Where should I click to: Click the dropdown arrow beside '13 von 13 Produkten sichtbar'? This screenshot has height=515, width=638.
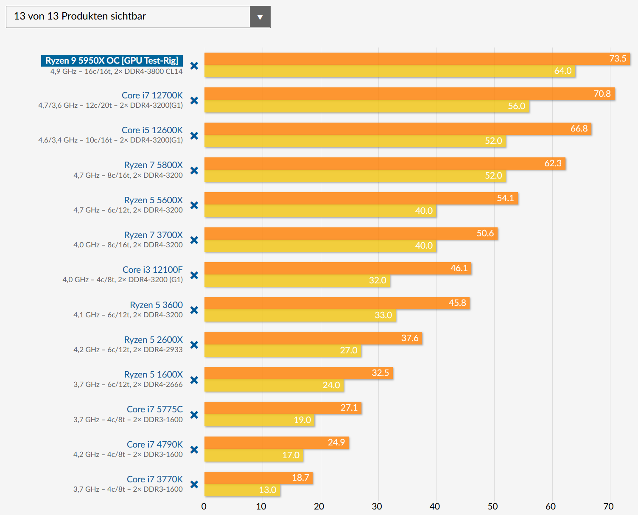pos(260,17)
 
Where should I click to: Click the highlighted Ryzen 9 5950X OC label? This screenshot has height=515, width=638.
pos(112,61)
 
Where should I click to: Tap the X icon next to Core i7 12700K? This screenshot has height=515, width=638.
pos(194,101)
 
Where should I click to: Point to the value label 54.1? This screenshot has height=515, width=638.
pos(505,198)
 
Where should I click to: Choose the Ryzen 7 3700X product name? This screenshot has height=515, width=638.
pos(154,235)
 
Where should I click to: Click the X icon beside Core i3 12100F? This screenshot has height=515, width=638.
pos(194,275)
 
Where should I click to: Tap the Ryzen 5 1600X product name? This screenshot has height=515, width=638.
pos(154,375)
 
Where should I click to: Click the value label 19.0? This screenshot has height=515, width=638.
pos(302,420)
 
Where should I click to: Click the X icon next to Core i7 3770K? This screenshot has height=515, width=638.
pos(194,484)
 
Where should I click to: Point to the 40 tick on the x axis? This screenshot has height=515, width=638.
pos(435,507)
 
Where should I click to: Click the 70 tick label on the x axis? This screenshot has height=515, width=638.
pos(608,507)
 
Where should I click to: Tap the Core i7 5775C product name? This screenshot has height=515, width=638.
pos(155,409)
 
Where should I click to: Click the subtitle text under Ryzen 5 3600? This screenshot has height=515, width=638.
pos(128,315)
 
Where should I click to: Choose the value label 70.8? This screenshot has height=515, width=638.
pos(602,94)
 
